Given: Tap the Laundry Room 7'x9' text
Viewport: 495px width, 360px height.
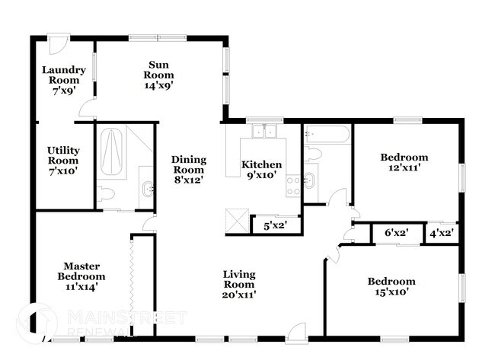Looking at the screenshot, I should (63, 80).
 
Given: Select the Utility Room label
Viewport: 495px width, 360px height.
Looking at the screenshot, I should (62, 161).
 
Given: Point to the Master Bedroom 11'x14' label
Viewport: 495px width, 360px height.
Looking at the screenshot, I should (83, 276).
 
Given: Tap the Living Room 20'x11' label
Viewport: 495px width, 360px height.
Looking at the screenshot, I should (238, 285).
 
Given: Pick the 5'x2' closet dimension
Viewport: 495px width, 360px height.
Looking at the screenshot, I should (275, 225).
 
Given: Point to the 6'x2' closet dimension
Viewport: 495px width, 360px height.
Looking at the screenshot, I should (396, 234).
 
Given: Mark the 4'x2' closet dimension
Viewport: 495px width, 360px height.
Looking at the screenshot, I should (441, 234).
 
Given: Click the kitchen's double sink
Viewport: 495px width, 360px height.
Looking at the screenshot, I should (264, 132).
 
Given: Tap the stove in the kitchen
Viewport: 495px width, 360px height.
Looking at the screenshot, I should (293, 184).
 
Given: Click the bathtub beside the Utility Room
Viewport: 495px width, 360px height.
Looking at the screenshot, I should (112, 151).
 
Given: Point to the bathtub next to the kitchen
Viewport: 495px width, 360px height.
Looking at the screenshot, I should (327, 135).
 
